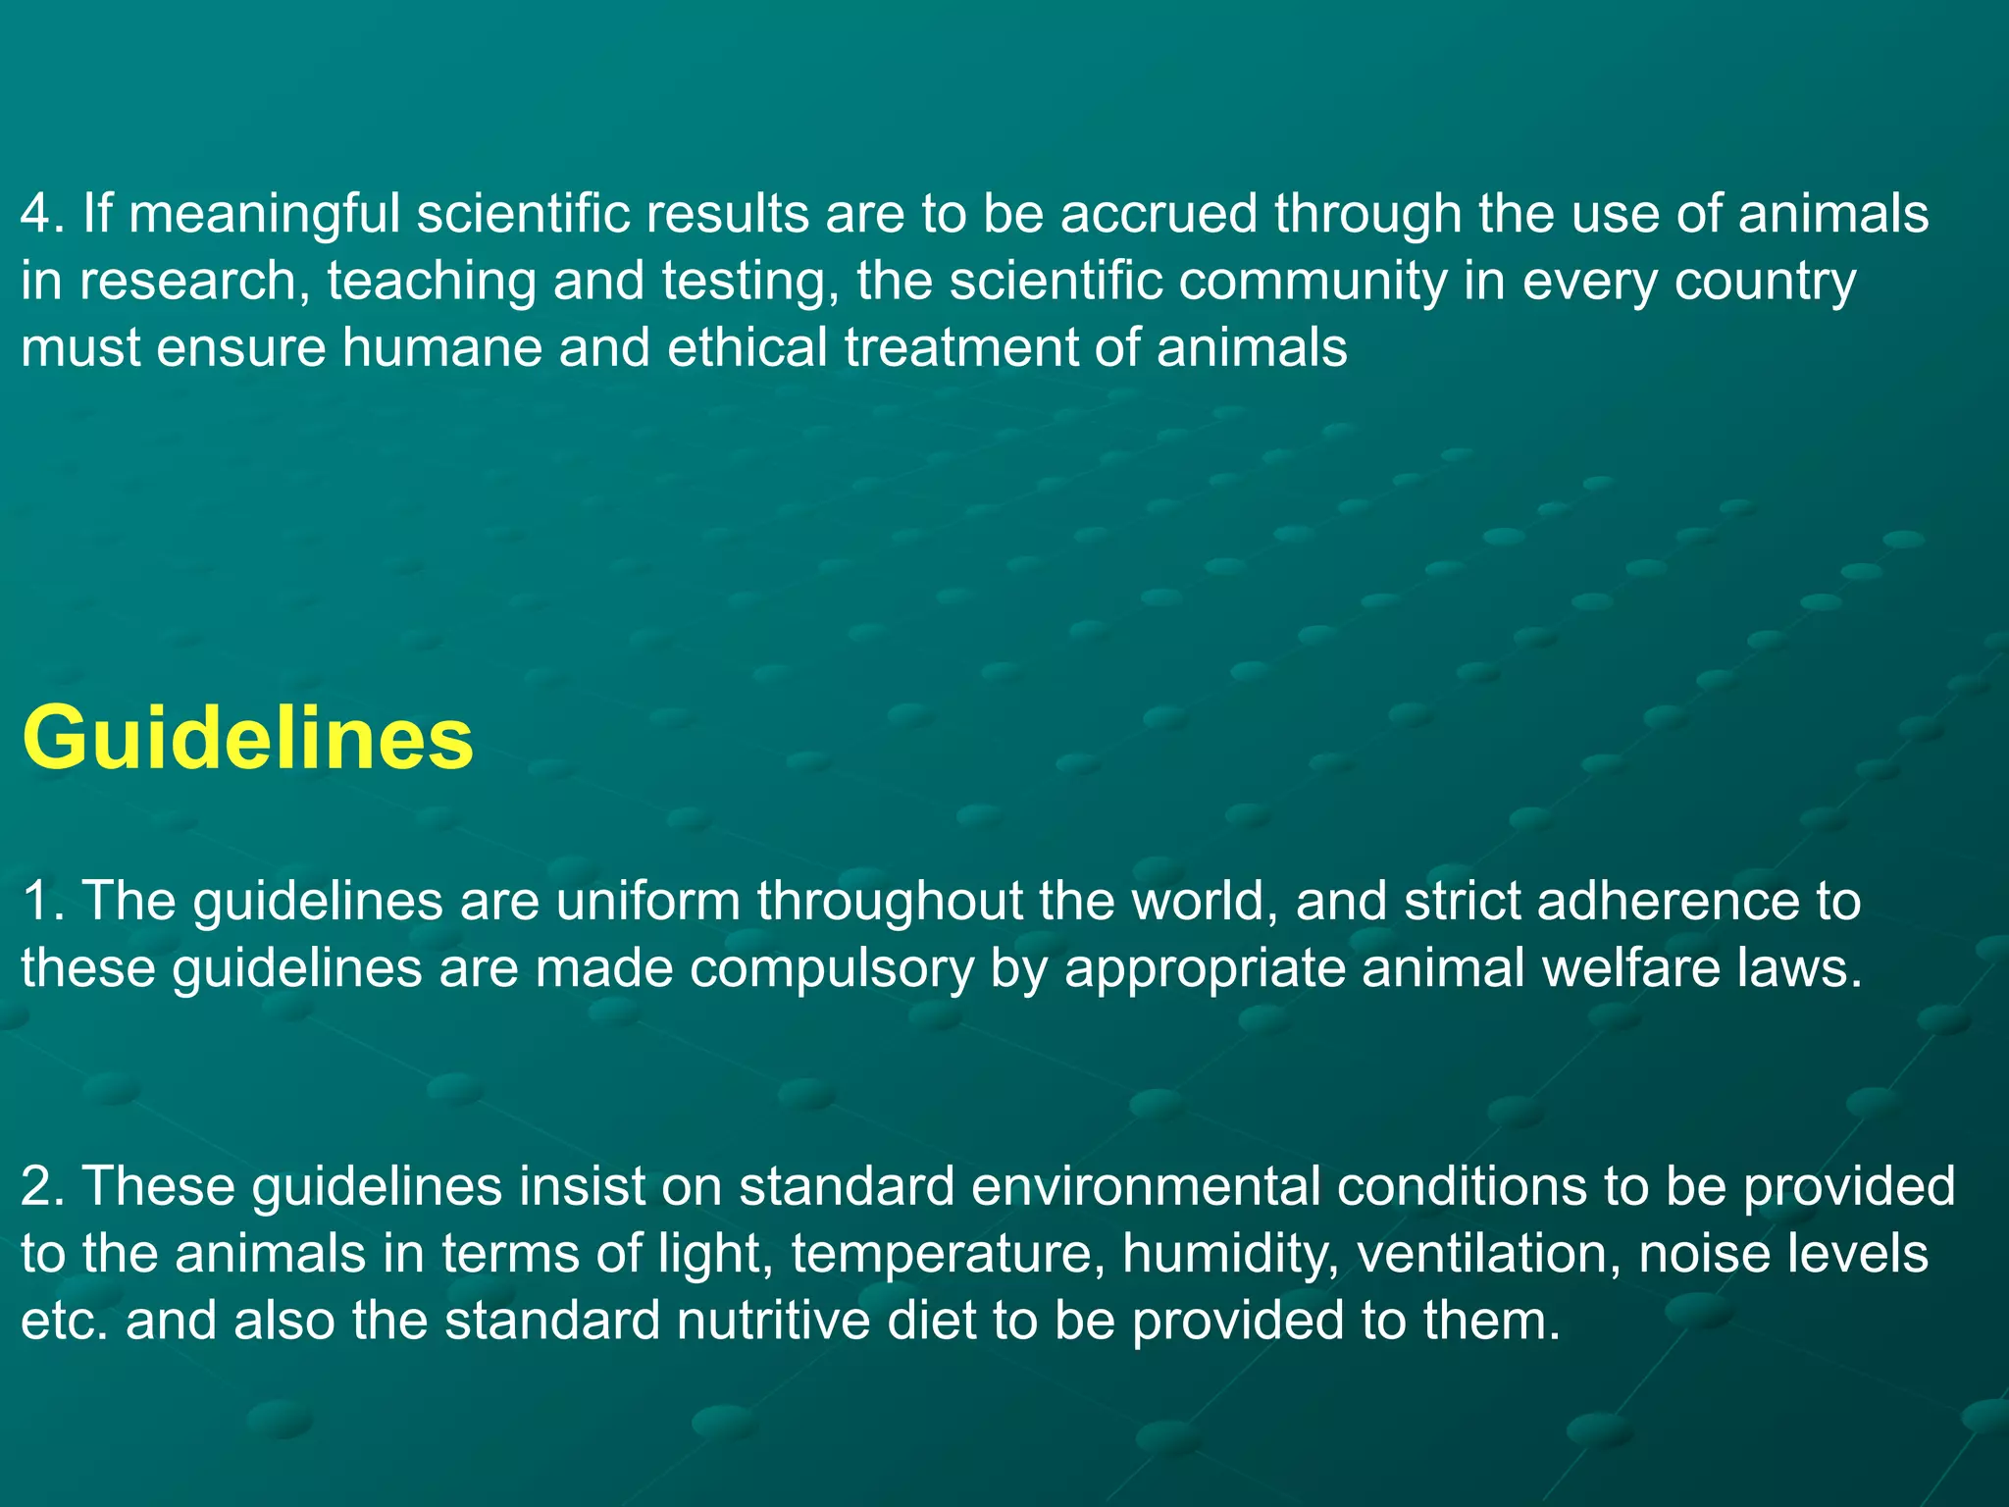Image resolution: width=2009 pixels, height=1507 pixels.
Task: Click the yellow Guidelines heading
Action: click(247, 738)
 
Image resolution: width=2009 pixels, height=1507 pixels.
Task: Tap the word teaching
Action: click(432, 282)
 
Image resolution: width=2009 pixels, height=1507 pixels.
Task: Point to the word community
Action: click(1313, 282)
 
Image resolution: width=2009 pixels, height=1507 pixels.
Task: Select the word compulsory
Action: click(833, 968)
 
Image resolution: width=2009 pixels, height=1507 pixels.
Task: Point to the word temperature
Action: click(942, 1254)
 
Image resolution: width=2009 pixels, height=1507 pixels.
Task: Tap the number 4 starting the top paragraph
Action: click(36, 214)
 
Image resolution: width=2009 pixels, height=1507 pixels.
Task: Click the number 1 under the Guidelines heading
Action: click(36, 901)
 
